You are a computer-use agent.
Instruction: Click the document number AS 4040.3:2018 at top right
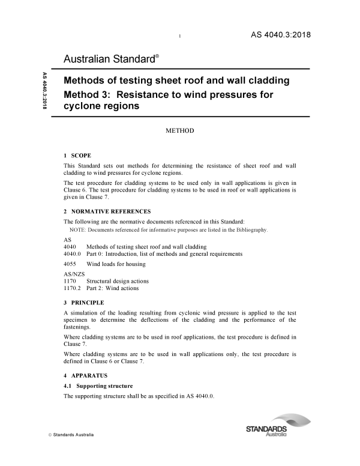(x=280, y=34)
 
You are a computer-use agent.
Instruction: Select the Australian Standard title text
(x=111, y=59)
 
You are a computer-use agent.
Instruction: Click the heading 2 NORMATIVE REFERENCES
(x=107, y=211)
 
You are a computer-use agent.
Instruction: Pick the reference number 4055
(x=70, y=264)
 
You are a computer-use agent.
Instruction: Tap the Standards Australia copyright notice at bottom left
(x=69, y=434)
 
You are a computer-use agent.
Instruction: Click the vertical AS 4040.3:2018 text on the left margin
(x=44, y=91)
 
